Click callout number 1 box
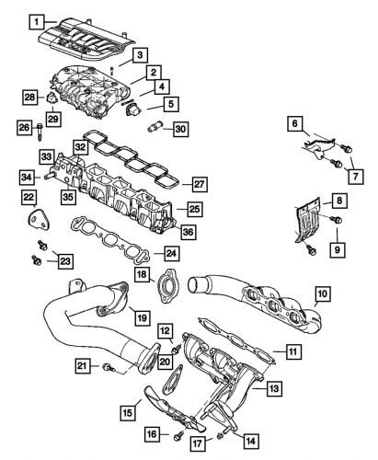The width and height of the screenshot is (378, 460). point(35,21)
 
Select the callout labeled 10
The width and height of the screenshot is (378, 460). point(322,296)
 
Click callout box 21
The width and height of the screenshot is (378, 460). point(83,367)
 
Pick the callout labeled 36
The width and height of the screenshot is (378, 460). point(189,233)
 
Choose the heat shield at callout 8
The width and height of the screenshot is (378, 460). point(311,219)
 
